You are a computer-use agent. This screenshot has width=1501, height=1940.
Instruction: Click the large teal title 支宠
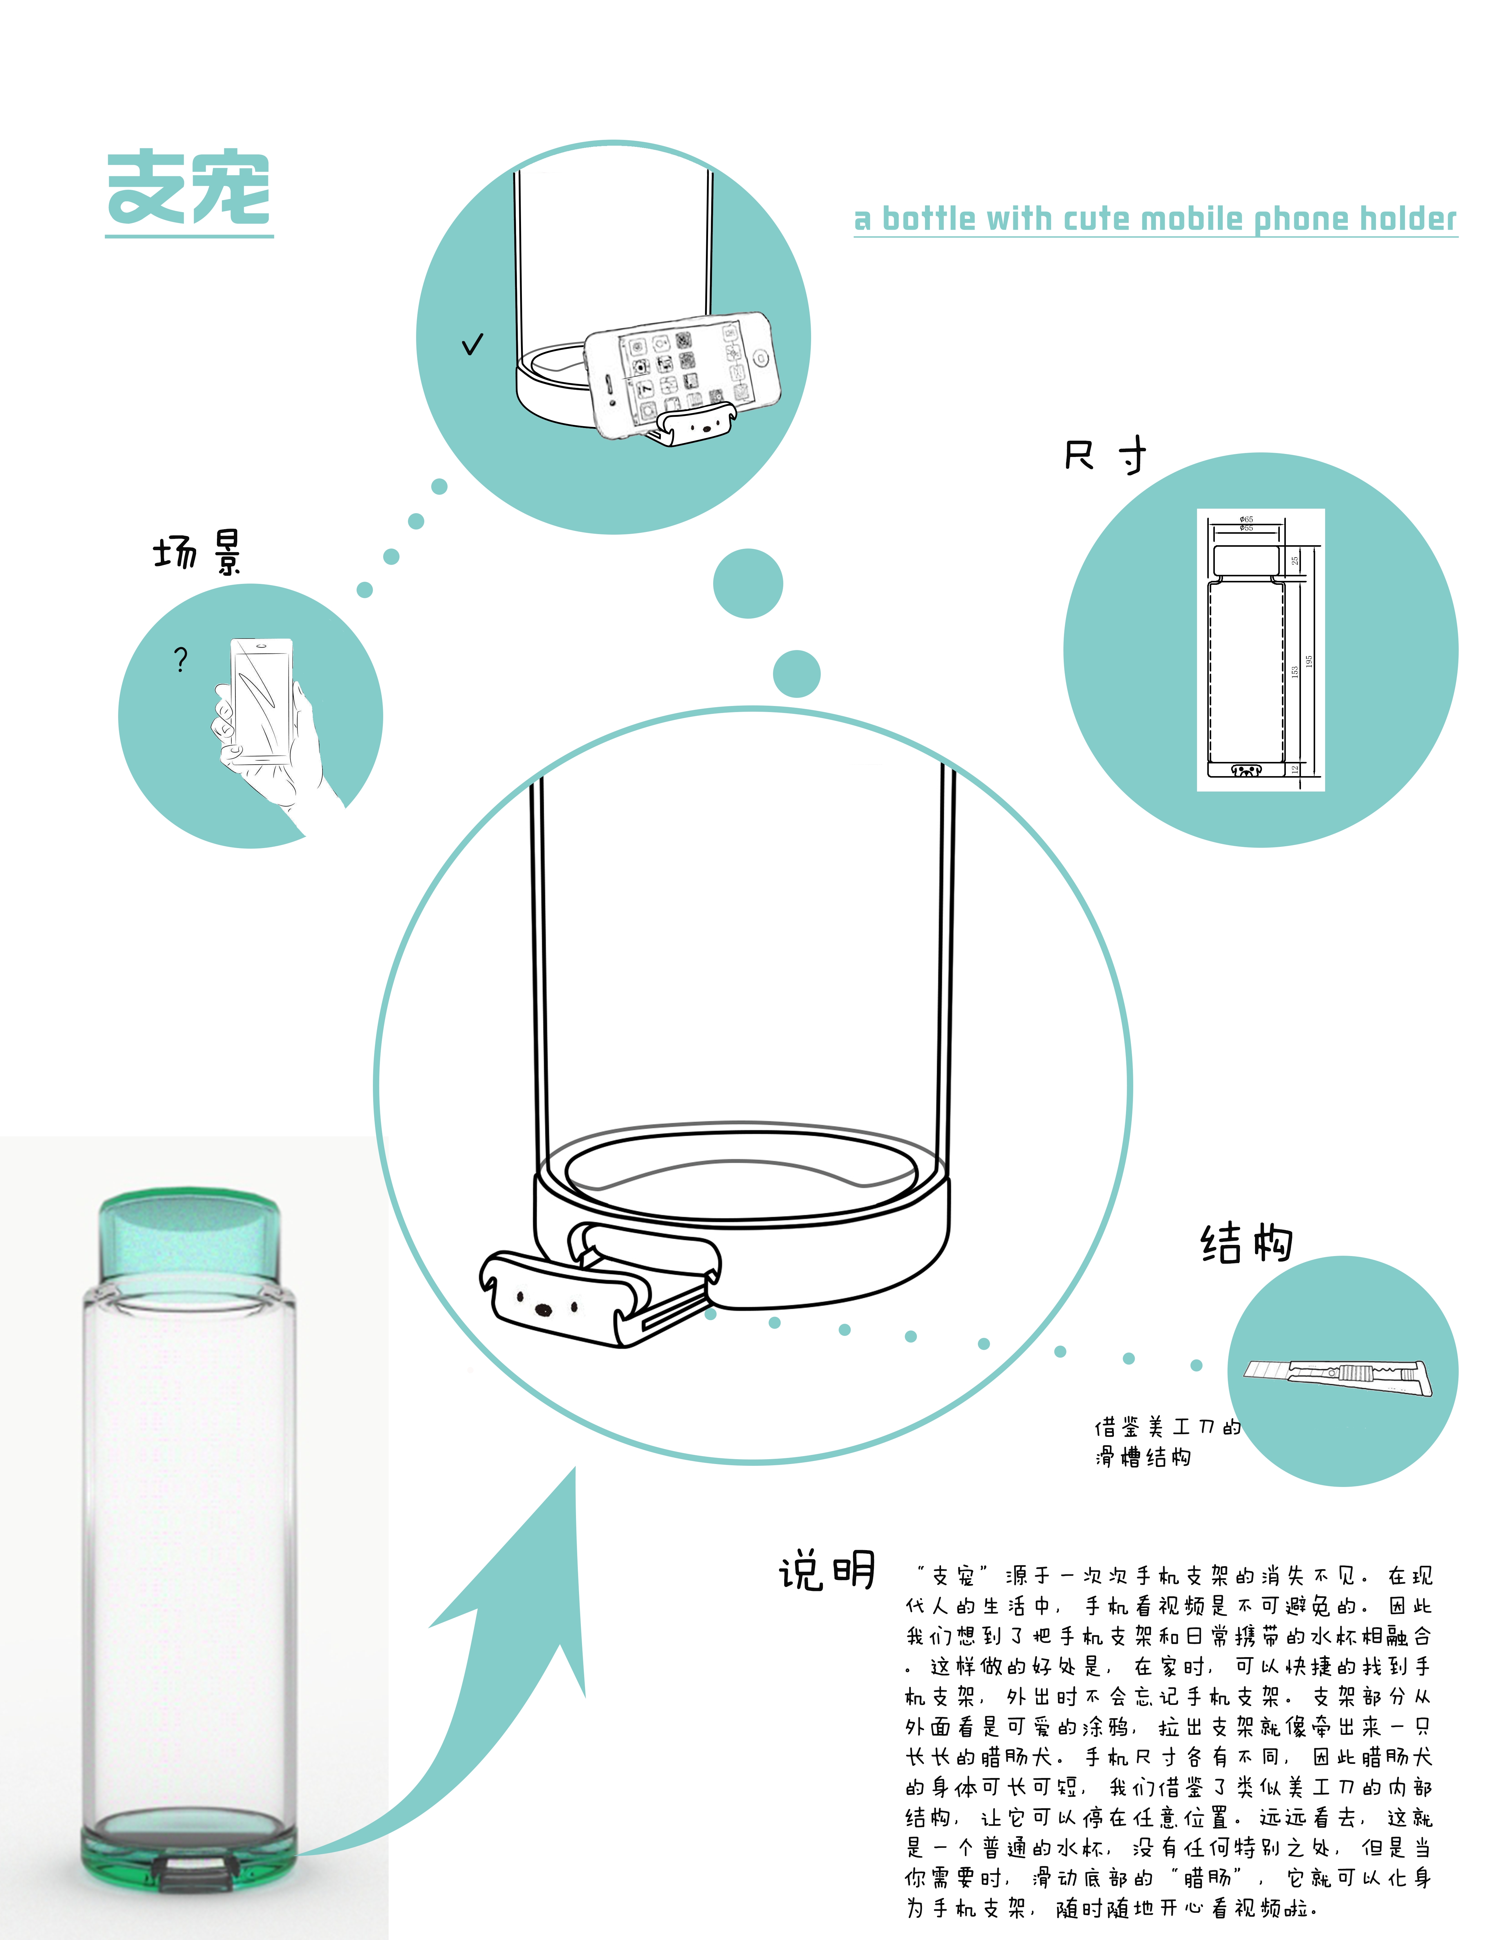coord(188,188)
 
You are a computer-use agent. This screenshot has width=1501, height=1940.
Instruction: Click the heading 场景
coord(197,552)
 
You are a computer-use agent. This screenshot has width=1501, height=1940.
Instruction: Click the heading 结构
coord(1246,1242)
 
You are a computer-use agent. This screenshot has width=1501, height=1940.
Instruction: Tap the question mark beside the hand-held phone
coord(181,659)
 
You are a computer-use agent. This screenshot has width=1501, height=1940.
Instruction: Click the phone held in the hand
coord(261,702)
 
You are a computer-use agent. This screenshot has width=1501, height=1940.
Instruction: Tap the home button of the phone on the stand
coord(760,358)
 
